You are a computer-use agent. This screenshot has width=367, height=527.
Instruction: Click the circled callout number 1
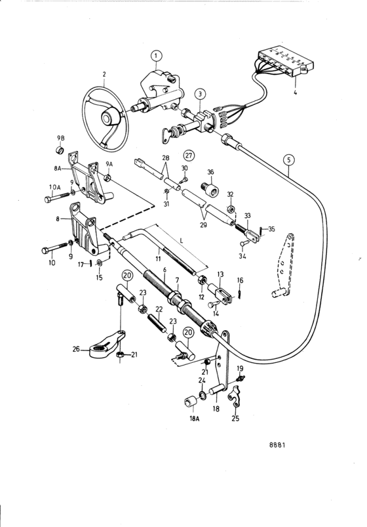(156, 56)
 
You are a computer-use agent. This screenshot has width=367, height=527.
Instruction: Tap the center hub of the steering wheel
(107, 118)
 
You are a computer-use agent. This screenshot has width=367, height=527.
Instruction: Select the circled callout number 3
(200, 94)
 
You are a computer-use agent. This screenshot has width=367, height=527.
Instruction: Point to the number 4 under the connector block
(295, 91)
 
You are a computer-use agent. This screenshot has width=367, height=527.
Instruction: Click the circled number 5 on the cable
(289, 159)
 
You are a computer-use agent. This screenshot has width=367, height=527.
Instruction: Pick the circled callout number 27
(189, 156)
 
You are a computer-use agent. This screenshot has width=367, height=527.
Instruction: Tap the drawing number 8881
(277, 445)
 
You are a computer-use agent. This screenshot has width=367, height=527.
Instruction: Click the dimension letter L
(182, 241)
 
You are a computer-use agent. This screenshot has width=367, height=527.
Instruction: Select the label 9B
(60, 138)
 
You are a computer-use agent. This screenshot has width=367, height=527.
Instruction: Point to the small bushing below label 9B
(60, 149)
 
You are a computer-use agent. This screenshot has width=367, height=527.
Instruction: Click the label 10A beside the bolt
(54, 187)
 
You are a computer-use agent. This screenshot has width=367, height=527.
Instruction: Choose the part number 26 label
(76, 349)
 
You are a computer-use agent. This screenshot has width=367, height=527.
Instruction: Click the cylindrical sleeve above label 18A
(191, 402)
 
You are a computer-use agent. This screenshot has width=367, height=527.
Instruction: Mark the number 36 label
(210, 172)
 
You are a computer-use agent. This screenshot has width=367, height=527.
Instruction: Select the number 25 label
(235, 419)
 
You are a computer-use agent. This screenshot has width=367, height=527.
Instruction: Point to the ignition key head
(167, 135)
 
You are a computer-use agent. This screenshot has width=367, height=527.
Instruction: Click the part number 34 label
(242, 257)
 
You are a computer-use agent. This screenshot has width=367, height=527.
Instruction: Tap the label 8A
(58, 169)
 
